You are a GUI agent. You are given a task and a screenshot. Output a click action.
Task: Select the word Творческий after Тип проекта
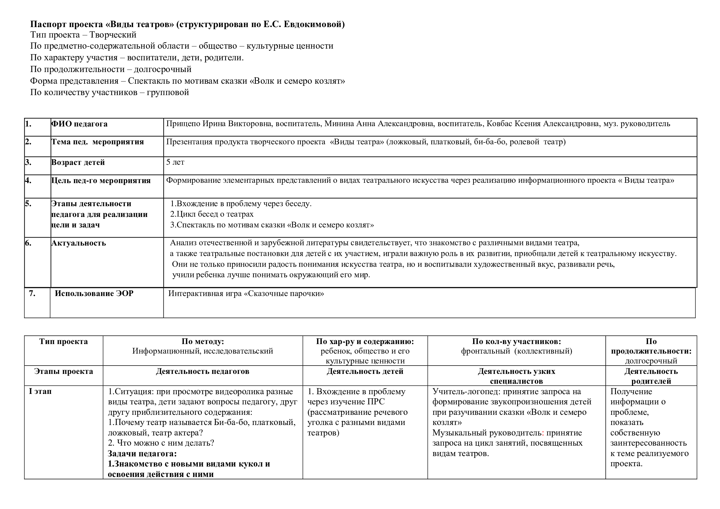113,35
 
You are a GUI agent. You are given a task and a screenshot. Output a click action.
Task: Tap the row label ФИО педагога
79,124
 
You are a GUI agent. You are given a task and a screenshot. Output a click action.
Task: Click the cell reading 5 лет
175,162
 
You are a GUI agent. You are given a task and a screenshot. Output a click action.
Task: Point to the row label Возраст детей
78,162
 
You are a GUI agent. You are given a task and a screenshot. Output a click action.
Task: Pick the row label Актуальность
79,243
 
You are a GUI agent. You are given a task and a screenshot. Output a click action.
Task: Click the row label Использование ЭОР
94,293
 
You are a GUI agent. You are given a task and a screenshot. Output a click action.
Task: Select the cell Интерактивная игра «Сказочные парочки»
246,294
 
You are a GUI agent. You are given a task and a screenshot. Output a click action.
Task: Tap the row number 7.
32,293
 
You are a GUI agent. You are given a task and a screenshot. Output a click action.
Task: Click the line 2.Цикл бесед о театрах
212,214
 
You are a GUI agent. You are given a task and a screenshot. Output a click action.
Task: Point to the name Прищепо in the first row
183,124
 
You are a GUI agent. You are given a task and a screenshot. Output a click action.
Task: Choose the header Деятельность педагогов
203,371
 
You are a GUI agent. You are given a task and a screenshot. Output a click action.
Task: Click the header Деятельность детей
365,371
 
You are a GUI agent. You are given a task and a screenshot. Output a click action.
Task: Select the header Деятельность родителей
651,376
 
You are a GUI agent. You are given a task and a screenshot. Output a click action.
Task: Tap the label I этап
40,391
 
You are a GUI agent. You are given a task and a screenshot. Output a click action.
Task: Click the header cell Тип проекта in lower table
64,342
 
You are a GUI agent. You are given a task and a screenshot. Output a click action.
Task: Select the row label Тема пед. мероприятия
98,142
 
